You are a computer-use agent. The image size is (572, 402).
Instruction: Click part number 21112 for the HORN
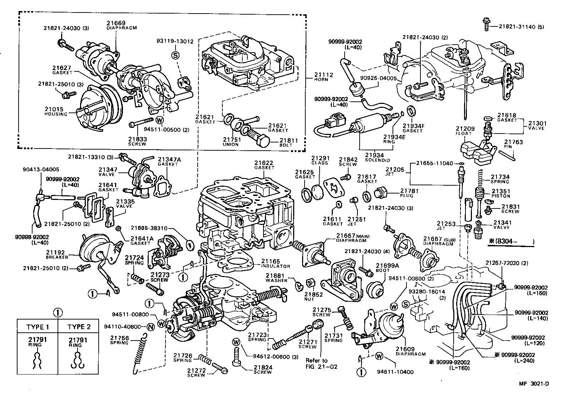pos(324,75)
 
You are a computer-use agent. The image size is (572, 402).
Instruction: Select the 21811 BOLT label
pos(289,142)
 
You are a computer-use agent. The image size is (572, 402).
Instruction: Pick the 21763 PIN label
pos(513,144)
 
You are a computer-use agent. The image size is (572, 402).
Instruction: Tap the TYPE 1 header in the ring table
pos(38,327)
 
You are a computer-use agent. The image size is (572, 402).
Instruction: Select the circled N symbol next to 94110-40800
pos(150,326)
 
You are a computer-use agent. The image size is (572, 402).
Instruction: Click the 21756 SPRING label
pos(119,340)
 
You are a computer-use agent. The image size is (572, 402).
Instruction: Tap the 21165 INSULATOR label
pos(275,263)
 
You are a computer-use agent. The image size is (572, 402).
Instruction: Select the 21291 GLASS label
pos(319,160)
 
